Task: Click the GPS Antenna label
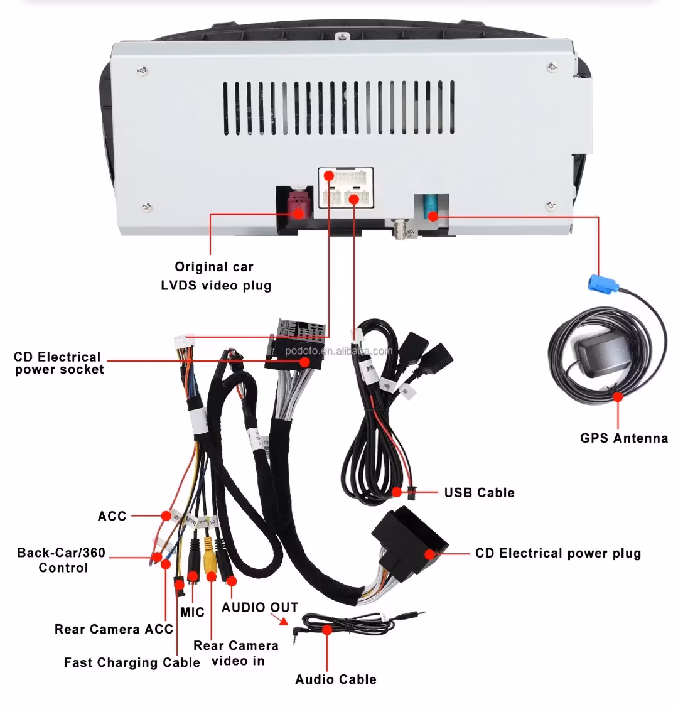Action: [x=623, y=438]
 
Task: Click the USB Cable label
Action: [x=479, y=492]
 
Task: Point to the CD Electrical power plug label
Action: [x=557, y=553]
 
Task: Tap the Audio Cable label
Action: [x=335, y=679]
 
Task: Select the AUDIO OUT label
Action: [x=259, y=607]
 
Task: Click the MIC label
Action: [x=192, y=612]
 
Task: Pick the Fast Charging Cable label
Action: [x=132, y=662]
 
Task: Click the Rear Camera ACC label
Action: [x=114, y=629]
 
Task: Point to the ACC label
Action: [x=112, y=516]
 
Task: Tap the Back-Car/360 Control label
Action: [x=62, y=560]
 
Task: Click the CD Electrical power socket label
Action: [x=58, y=363]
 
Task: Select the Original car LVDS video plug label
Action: [x=215, y=276]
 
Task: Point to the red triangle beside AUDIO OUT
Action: [x=283, y=622]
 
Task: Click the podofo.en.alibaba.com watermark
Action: [x=338, y=351]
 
